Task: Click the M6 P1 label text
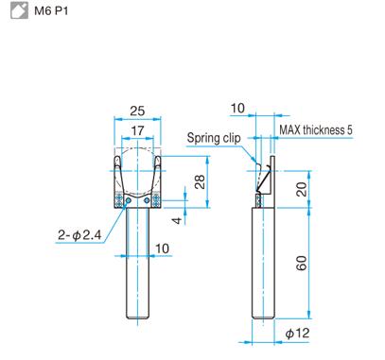(x=51, y=11)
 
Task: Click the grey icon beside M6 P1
(x=19, y=10)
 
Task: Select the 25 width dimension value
(x=137, y=111)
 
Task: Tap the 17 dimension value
(x=137, y=130)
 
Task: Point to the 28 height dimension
(x=200, y=181)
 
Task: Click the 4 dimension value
(x=178, y=220)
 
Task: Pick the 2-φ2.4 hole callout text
(x=79, y=235)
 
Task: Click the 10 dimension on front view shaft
(x=163, y=249)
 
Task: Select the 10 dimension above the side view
(x=237, y=109)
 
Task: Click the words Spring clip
(x=214, y=138)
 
